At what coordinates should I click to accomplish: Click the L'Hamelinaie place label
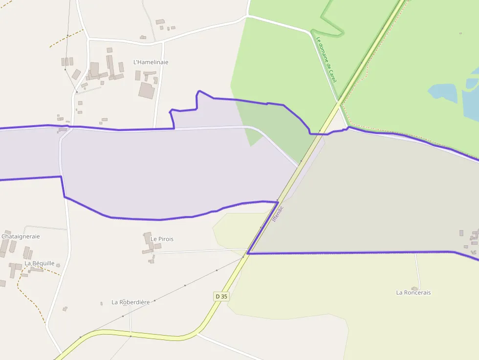point(151,63)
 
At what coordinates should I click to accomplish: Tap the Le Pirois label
point(162,239)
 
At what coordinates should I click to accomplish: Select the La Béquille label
point(40,263)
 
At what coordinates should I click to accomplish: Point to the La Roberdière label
point(131,302)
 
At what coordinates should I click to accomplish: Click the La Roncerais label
point(413,293)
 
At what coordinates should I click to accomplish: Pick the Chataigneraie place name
point(21,236)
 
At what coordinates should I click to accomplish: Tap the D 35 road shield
point(221,296)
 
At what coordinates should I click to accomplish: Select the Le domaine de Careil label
point(327,60)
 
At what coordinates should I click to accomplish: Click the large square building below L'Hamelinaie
point(147,90)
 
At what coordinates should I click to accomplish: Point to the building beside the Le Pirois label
point(148,239)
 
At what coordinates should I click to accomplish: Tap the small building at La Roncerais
point(415,288)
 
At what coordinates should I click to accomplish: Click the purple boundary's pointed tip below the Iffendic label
point(248,253)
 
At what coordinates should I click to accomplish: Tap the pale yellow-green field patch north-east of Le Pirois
point(235,227)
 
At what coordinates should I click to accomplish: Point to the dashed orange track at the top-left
point(66,38)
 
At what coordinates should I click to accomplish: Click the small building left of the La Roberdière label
point(101,303)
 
